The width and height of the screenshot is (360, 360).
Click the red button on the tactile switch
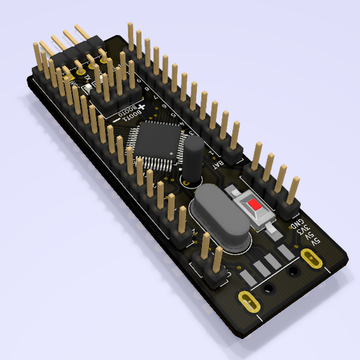click(255, 205)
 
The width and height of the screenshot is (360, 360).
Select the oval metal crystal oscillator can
click(219, 216)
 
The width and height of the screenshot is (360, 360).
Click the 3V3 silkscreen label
click(305, 232)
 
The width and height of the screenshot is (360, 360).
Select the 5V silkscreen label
click(314, 239)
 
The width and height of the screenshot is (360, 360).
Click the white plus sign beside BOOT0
click(142, 105)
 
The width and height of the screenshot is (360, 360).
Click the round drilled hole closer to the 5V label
click(293, 272)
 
